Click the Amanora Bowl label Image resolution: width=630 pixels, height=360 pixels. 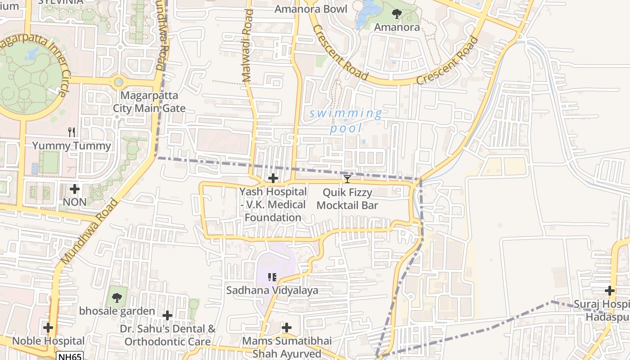click(311, 9)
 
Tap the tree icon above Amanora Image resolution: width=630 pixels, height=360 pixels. click(396, 14)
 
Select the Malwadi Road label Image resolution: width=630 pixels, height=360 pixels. click(248, 46)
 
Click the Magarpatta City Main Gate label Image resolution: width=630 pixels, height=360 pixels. click(149, 102)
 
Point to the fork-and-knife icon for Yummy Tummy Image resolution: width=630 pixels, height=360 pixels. click(72, 132)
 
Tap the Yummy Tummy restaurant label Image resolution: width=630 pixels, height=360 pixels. click(72, 146)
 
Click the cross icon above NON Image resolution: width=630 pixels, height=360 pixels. click(75, 189)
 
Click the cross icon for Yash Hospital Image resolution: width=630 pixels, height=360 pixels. click(273, 179)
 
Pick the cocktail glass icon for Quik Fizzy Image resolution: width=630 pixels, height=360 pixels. click(347, 179)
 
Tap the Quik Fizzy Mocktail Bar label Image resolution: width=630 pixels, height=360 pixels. click(347, 199)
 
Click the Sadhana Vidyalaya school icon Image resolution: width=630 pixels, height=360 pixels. click(272, 277)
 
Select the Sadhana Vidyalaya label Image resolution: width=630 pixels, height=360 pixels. click(272, 290)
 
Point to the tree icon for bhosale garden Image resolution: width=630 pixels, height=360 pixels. click(117, 297)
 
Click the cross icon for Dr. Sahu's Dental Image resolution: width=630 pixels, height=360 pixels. click(167, 315)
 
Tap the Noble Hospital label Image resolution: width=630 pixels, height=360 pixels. click(48, 341)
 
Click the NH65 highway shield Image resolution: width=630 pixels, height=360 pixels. click(69, 356)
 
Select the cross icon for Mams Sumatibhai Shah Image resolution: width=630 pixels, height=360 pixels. click(287, 328)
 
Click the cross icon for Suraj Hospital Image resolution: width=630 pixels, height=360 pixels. click(610, 291)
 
